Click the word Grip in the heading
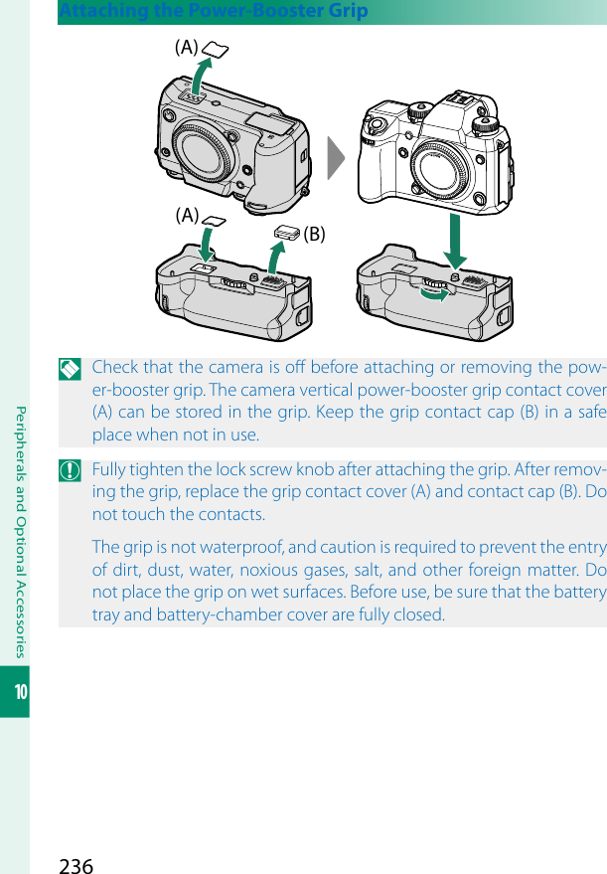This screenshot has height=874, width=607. coord(348,12)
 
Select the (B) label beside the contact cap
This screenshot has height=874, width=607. coord(315,235)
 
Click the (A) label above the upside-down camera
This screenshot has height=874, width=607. coord(186,47)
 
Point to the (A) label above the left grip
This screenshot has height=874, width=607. coord(186,214)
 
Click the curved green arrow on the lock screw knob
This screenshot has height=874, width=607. coord(435,291)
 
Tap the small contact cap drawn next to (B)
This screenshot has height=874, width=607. coord(287,231)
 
